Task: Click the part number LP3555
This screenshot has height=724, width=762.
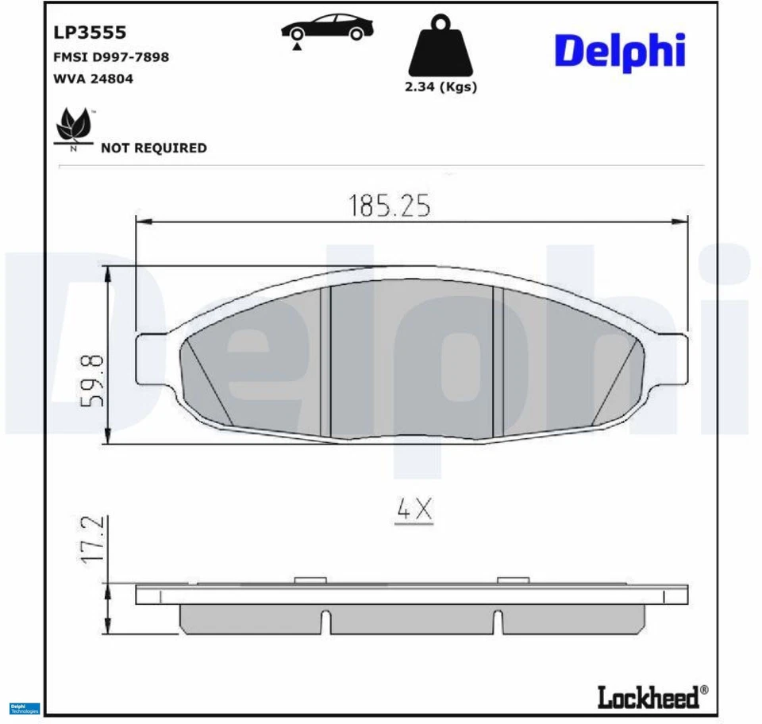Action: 90,33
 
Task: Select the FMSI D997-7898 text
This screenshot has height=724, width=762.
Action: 110,57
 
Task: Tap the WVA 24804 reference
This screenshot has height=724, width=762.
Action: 93,79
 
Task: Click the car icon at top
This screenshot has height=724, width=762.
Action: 327,29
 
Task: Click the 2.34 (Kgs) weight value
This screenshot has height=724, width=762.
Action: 441,87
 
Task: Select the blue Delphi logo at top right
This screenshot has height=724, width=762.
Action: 619,51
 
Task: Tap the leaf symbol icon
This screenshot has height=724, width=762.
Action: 74,128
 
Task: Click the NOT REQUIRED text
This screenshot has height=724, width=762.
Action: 153,148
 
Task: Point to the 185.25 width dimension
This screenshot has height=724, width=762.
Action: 389,206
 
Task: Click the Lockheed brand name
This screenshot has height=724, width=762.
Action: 648,697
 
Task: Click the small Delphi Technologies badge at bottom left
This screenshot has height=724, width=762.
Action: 24,708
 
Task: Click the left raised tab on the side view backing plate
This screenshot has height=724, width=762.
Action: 310,580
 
